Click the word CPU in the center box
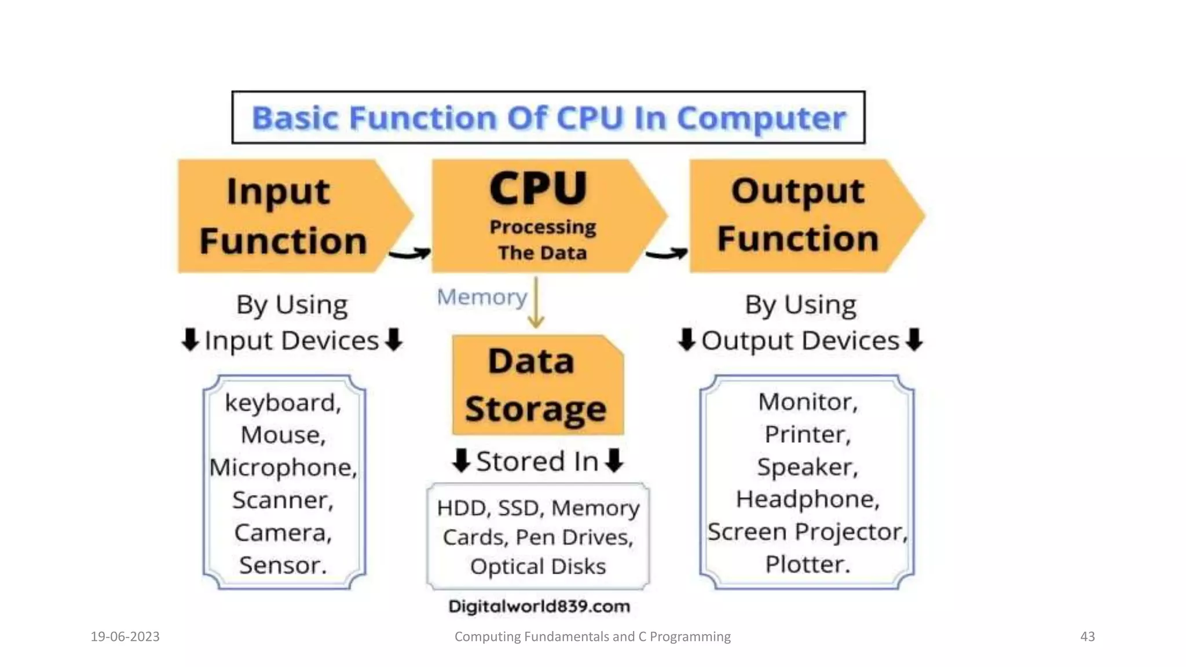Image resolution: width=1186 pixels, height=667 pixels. [x=538, y=188]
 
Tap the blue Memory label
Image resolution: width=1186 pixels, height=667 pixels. [x=481, y=297]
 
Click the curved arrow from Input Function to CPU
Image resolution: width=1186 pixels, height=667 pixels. [x=410, y=254]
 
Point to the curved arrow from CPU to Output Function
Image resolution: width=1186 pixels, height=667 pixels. [x=667, y=254]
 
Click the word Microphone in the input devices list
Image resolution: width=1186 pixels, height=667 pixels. [x=283, y=468]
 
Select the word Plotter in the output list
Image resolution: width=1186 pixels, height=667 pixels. [x=807, y=565]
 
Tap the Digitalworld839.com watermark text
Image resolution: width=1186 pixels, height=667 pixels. [x=539, y=607]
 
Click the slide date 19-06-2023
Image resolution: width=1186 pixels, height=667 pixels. [x=125, y=637]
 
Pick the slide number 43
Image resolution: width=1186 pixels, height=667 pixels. [x=1087, y=637]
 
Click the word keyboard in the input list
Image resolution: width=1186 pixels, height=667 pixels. [x=283, y=403]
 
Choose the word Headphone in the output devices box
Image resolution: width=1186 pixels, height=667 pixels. [x=807, y=500]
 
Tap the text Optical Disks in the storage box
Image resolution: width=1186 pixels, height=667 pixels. [x=538, y=567]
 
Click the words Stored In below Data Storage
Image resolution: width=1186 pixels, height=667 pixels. [x=537, y=462]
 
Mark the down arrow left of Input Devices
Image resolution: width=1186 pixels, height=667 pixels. [x=190, y=340]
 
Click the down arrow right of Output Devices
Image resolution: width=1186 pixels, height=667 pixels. [x=914, y=340]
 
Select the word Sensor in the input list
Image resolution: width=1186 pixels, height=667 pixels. [x=283, y=566]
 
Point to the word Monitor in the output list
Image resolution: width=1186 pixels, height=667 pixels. [x=807, y=402]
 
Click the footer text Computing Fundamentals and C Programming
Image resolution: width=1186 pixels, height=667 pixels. [x=592, y=637]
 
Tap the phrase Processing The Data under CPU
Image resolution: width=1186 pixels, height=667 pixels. [x=543, y=240]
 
